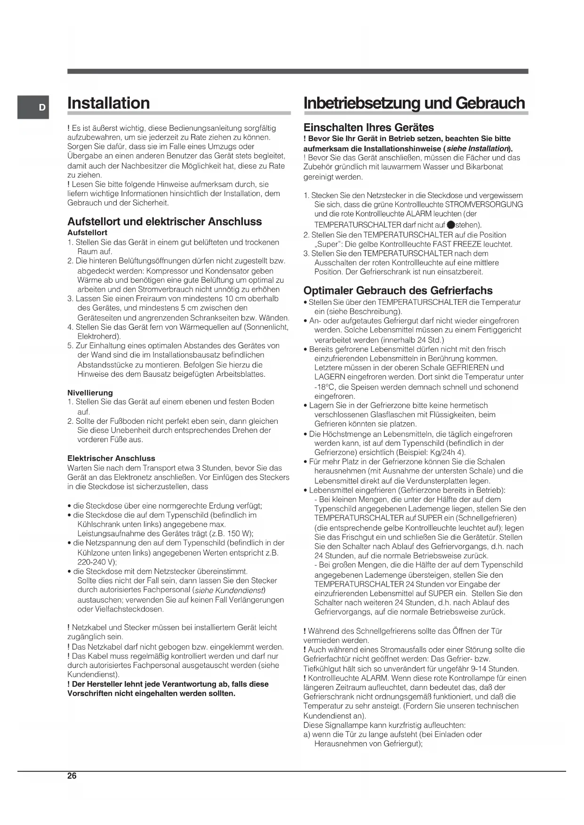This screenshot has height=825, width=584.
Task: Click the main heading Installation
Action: (x=109, y=103)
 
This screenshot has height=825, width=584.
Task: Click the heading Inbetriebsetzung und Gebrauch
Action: (x=414, y=103)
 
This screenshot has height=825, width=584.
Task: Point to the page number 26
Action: (x=72, y=776)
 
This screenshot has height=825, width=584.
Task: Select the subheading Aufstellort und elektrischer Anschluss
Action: (x=164, y=222)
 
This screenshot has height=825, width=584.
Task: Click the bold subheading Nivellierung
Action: (x=90, y=393)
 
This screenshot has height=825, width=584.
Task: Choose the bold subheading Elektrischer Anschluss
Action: (x=111, y=458)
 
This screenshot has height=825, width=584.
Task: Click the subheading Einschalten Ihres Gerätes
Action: (x=368, y=127)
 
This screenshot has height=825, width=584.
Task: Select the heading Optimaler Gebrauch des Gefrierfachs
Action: (x=398, y=290)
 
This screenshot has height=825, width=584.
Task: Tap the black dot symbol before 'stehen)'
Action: (x=450, y=225)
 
